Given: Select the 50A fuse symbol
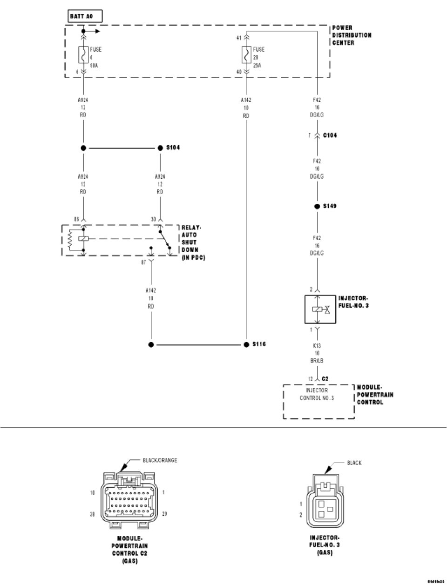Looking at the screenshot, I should (x=83, y=56).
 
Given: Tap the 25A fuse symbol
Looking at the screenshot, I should (x=245, y=56).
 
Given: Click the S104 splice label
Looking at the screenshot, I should (x=173, y=148).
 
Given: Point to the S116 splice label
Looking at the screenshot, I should (x=259, y=345).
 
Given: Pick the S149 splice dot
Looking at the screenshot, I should (x=317, y=206).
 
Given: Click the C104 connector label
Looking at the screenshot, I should (x=330, y=135).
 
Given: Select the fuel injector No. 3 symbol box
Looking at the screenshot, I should (x=317, y=309).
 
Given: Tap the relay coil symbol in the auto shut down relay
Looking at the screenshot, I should (x=83, y=239).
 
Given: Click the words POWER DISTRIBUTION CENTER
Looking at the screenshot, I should (x=352, y=35).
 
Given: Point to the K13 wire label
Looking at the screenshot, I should (x=317, y=346).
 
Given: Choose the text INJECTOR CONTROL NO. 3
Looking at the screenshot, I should (x=317, y=394).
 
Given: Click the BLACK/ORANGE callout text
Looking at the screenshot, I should (x=160, y=460).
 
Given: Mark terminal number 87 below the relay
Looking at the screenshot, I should (x=144, y=262).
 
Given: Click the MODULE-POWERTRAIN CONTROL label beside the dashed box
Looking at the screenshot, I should (x=375, y=395).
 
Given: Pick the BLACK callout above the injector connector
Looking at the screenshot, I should (x=354, y=463).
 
